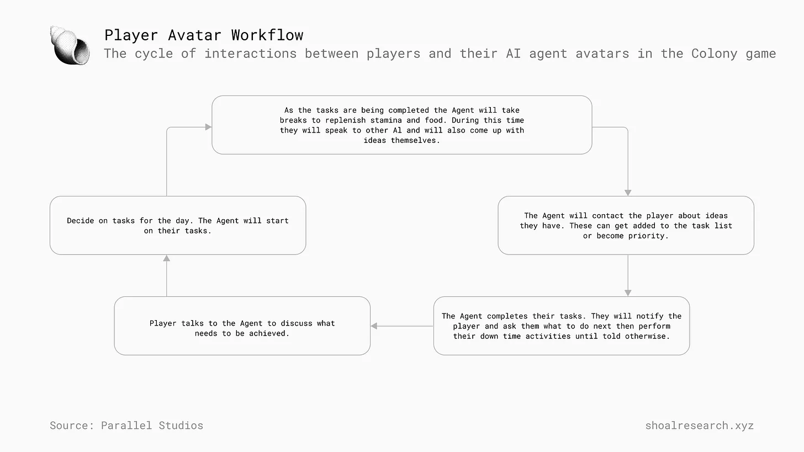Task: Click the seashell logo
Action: click(70, 46)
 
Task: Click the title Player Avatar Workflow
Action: click(204, 35)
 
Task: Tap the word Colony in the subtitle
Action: click(715, 54)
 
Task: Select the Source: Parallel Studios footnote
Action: click(126, 426)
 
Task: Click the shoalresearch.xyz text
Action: click(699, 426)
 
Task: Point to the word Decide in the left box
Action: click(81, 221)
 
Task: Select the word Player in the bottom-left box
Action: click(163, 323)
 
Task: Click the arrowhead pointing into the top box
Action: click(208, 127)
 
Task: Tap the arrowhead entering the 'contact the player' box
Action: click(628, 193)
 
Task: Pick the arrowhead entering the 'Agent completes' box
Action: click(628, 293)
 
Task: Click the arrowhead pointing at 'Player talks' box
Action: click(374, 326)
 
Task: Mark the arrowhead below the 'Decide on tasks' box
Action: click(167, 258)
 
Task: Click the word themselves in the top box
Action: click(415, 140)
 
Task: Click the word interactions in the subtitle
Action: click(251, 54)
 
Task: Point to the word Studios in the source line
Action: click(181, 426)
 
